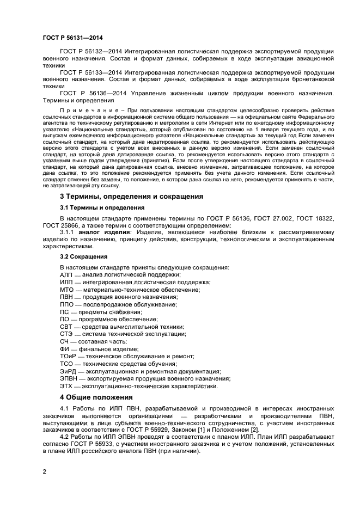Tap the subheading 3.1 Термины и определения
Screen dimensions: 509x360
click(x=102, y=207)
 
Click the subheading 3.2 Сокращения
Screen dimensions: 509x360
click(x=83, y=256)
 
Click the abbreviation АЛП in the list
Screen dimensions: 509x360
click(x=66, y=274)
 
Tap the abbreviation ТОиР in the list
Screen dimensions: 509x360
click(x=68, y=355)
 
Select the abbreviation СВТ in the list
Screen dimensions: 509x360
click(x=66, y=326)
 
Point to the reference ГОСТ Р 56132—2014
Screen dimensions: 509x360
click(x=89, y=51)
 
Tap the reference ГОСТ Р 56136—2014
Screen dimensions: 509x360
click(x=89, y=93)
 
